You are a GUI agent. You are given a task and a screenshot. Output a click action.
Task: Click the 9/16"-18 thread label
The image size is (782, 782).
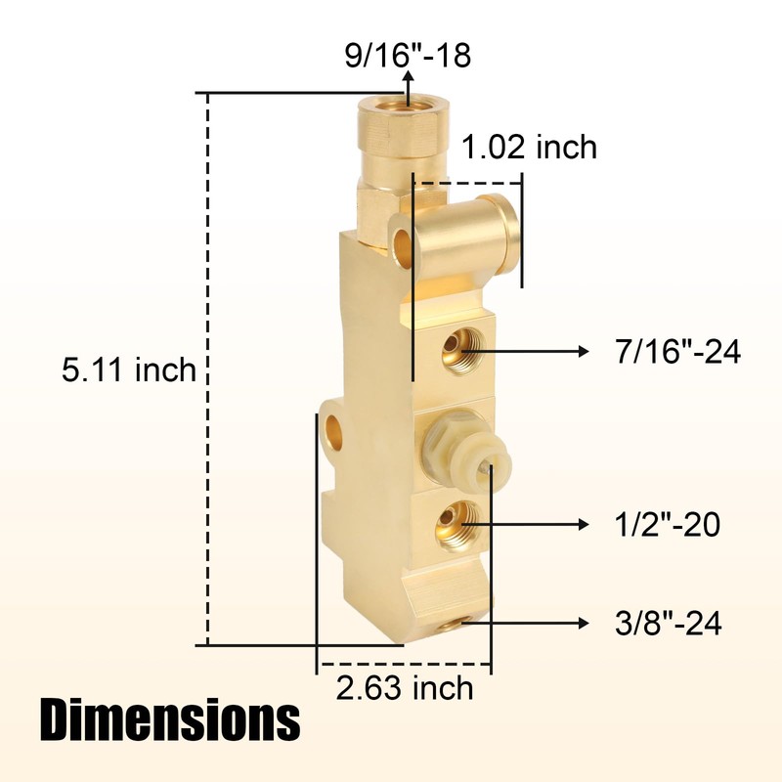(x=408, y=56)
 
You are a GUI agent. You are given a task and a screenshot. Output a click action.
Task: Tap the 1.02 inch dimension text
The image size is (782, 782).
(x=529, y=148)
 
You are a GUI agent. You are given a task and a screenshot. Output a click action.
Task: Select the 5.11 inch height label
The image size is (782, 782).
(x=129, y=369)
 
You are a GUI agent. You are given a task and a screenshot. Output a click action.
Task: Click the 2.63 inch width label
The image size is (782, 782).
(x=404, y=687)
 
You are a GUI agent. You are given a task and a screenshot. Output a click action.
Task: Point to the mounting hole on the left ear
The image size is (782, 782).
(x=335, y=428)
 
